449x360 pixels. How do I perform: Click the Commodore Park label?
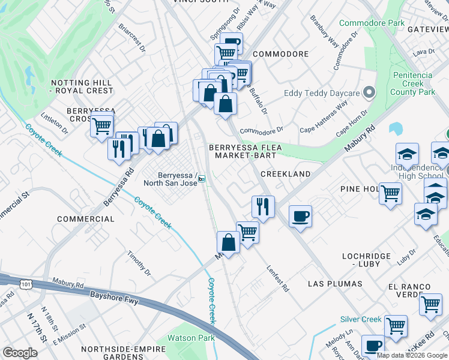click(x=372, y=23)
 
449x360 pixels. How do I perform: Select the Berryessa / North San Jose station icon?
click(x=202, y=178)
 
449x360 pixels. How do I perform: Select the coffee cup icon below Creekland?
click(x=300, y=216)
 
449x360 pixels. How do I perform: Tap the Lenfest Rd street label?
click(x=278, y=278)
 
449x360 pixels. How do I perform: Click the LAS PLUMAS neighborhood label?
click(x=335, y=283)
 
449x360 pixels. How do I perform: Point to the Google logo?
click(x=20, y=353)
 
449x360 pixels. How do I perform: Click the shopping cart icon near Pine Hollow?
click(x=391, y=194)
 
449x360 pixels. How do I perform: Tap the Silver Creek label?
click(x=361, y=319)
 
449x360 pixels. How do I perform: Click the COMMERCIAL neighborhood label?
click(x=85, y=219)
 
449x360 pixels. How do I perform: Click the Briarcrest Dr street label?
click(x=132, y=37)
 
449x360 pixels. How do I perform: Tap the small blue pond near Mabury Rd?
click(x=395, y=128)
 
